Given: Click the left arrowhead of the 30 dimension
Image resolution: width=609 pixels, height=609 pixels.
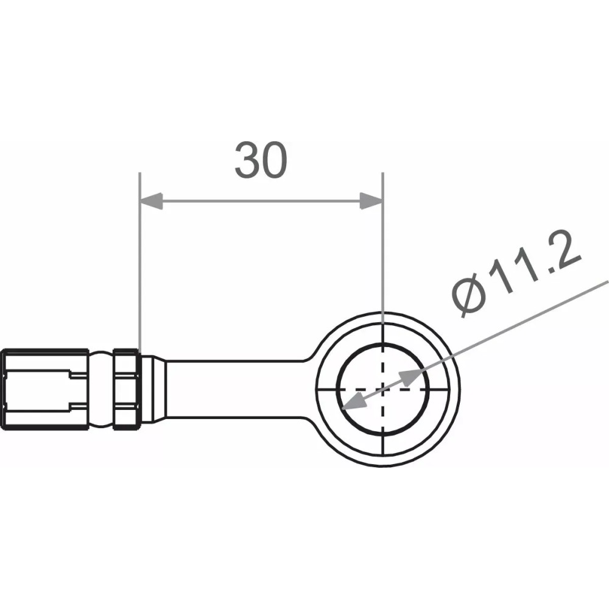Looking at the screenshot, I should pos(152,201).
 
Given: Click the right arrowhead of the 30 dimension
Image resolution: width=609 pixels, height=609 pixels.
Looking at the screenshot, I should pos(370,201).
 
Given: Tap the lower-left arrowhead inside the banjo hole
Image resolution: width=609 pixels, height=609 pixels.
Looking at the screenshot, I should pos(352,403).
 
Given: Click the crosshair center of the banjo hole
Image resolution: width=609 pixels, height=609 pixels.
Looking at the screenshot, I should pos(382,389).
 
